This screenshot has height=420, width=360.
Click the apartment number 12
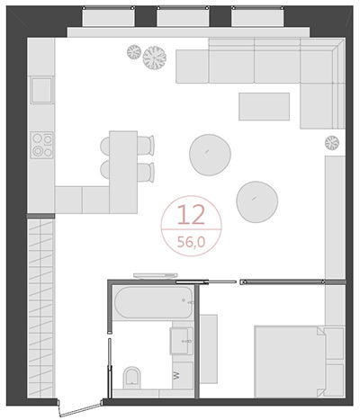(x=191, y=215)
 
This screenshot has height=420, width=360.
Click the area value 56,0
(x=191, y=242)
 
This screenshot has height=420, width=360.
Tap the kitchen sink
(x=41, y=90)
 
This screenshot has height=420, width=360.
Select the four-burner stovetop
(x=42, y=145)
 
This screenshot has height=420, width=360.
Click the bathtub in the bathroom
(x=154, y=302)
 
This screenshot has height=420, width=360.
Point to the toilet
(x=131, y=377)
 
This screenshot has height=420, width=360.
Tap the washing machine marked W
(x=183, y=375)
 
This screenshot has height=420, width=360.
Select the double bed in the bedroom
(x=290, y=362)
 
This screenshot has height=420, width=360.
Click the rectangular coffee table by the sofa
(x=265, y=106)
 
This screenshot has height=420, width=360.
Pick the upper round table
(x=210, y=155)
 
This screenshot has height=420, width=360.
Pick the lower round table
(x=257, y=201)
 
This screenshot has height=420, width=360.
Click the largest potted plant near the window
(x=155, y=58)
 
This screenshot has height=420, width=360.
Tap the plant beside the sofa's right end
(x=332, y=143)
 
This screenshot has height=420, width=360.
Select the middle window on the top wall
(x=183, y=17)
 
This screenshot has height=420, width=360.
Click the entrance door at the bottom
(x=80, y=409)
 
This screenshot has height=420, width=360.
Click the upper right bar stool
(x=146, y=145)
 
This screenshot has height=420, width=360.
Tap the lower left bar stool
(x=104, y=170)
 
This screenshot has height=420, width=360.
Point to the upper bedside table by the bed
(x=335, y=344)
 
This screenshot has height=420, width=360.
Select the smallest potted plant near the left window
(x=134, y=52)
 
